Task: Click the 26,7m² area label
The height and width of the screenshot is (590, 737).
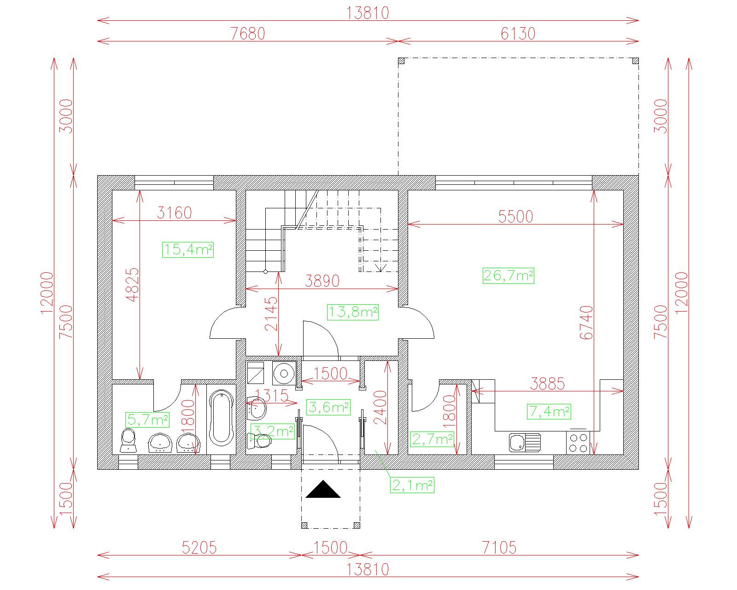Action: click(x=508, y=276)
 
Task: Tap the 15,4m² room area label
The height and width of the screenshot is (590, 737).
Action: click(x=188, y=249)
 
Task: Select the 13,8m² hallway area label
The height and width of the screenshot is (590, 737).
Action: click(x=353, y=312)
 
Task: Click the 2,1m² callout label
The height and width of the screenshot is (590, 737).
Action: click(x=412, y=485)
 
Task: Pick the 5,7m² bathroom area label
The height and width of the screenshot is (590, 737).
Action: click(x=147, y=419)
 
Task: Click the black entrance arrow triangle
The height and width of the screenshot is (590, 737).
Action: click(x=323, y=489)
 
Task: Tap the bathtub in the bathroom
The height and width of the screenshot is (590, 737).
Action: click(x=221, y=418)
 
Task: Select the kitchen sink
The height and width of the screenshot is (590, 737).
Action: click(x=525, y=442)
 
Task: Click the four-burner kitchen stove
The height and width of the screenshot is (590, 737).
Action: click(x=578, y=443)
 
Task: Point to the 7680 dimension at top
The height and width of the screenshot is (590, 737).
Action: click(x=248, y=34)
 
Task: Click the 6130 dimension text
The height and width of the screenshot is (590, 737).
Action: click(x=518, y=34)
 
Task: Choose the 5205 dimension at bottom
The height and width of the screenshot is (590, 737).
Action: click(x=199, y=548)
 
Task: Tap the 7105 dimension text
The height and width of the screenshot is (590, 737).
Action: click(x=499, y=548)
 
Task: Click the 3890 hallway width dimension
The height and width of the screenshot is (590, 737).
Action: click(x=322, y=281)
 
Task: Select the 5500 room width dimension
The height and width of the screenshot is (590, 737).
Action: click(x=516, y=217)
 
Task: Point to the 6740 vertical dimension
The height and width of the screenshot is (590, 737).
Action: click(x=586, y=323)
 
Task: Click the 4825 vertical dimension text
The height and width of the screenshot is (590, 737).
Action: click(x=133, y=285)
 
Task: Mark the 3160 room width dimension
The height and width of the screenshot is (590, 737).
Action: click(x=174, y=213)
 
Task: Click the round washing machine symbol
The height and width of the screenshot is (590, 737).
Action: click(x=284, y=373)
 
